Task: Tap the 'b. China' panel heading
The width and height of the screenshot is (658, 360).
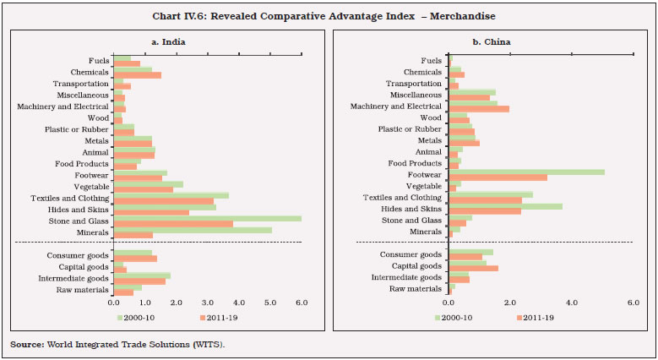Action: [492, 41]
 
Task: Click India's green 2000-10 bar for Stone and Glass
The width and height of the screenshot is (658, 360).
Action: [207, 218]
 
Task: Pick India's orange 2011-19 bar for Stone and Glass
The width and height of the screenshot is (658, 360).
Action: [173, 224]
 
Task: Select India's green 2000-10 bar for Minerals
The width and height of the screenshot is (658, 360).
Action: [193, 229]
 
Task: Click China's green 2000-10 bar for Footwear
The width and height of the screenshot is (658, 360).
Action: [526, 172]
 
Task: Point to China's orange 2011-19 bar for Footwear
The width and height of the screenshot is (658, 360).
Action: [498, 177]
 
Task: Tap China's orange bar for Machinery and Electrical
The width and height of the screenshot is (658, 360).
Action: [478, 109]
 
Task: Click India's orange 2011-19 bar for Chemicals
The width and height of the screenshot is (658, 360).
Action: [137, 75]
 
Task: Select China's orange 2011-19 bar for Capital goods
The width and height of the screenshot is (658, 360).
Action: [473, 269]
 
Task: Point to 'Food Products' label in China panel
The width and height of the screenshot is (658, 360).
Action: [414, 163]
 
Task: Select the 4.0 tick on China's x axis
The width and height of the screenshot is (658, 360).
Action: [571, 302]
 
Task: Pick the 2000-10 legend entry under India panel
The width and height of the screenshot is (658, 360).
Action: [139, 318]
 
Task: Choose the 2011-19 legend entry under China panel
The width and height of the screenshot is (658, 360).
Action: [537, 318]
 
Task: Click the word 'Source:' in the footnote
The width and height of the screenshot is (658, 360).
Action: [26, 344]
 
